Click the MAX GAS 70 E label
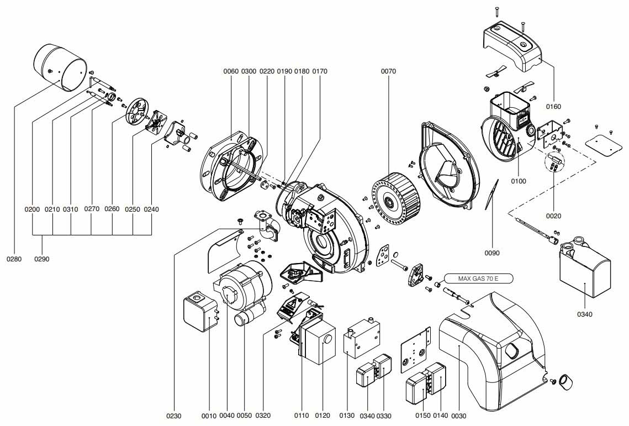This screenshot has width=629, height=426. click(x=478, y=278)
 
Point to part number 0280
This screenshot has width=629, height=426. click(x=14, y=259)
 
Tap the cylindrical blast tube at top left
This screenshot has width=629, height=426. click(x=60, y=67)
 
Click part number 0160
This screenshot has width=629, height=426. click(x=553, y=107)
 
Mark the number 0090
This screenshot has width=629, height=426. click(x=492, y=253)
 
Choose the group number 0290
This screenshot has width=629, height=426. click(x=42, y=259)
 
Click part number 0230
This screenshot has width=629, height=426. click(x=174, y=416)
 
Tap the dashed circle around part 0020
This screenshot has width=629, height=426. click(x=554, y=162)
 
